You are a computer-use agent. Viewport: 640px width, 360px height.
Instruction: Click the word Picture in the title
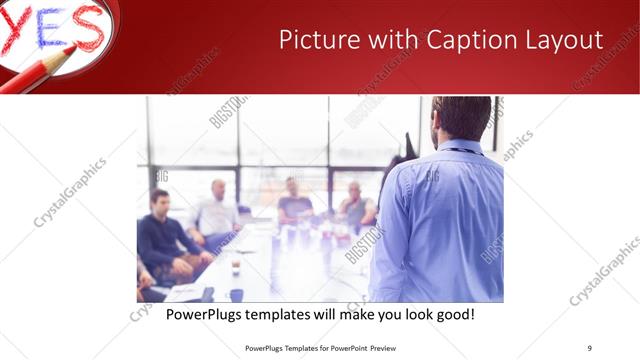(312, 40)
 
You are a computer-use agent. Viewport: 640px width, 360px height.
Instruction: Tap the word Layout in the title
(559, 40)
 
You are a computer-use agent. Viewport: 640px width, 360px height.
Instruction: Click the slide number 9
(589, 347)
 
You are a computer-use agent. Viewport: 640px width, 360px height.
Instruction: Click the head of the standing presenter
(462, 118)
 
